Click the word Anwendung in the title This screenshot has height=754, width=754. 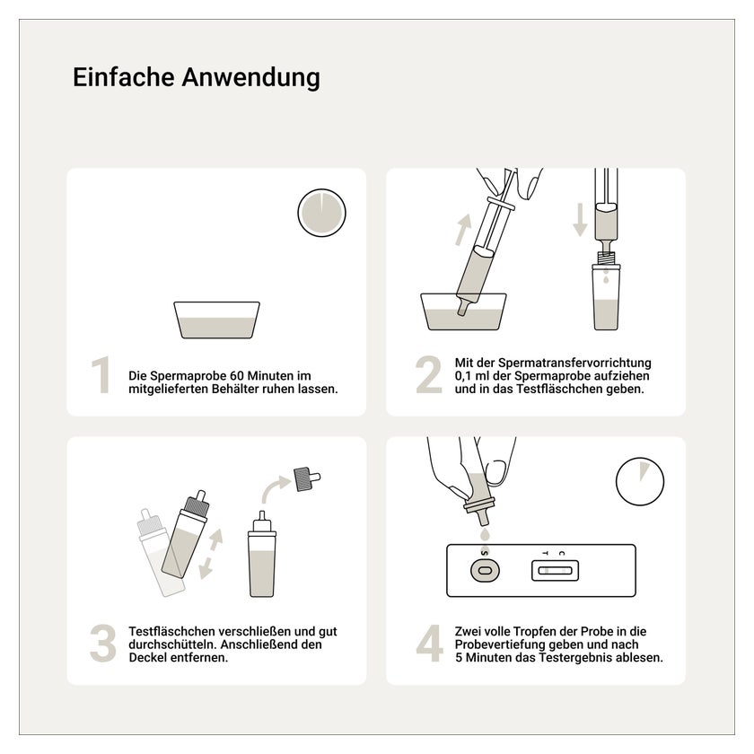click(x=250, y=78)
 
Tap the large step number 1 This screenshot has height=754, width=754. click(x=101, y=375)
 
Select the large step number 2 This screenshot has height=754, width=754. click(x=429, y=375)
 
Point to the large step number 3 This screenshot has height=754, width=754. click(x=103, y=643)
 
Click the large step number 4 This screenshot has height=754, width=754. click(x=429, y=643)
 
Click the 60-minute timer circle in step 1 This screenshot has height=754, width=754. click(x=321, y=213)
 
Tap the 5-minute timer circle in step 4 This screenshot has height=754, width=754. click(x=640, y=481)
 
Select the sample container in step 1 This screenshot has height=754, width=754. click(x=217, y=320)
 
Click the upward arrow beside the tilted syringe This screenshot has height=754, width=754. click(x=463, y=230)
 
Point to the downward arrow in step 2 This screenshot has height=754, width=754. click(x=580, y=220)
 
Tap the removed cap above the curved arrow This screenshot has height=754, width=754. click(x=306, y=478)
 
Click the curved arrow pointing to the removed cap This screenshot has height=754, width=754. click(x=275, y=488)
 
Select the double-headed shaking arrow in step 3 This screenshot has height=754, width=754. click(x=211, y=554)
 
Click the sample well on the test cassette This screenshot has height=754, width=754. click(x=485, y=571)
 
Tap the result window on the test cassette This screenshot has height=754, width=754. click(x=555, y=571)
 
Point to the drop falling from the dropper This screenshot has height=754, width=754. click(x=485, y=534)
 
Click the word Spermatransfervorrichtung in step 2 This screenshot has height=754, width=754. click(x=574, y=363)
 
